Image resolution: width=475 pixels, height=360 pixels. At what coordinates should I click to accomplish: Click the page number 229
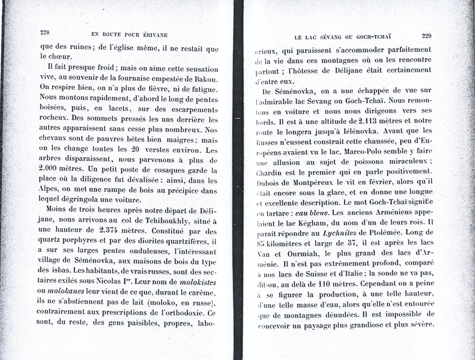(x=426, y=36)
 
